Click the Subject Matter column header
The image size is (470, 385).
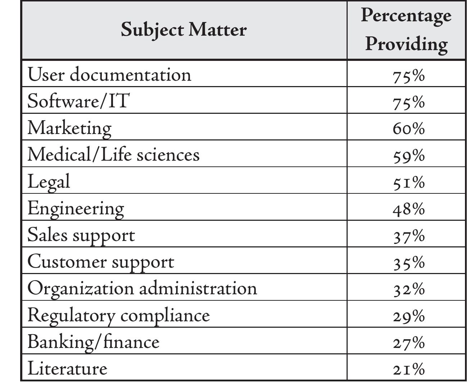(184, 30)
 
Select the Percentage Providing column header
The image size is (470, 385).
(406, 30)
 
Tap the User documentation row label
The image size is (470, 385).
(109, 75)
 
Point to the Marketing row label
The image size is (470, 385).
(69, 128)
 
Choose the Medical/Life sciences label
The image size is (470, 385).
(113, 155)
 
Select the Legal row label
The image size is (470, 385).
(49, 182)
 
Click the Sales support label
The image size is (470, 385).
(81, 235)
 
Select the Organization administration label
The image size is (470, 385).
(142, 288)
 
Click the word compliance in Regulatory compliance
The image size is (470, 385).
(165, 315)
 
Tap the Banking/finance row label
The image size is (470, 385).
(93, 342)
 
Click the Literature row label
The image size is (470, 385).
(67, 368)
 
